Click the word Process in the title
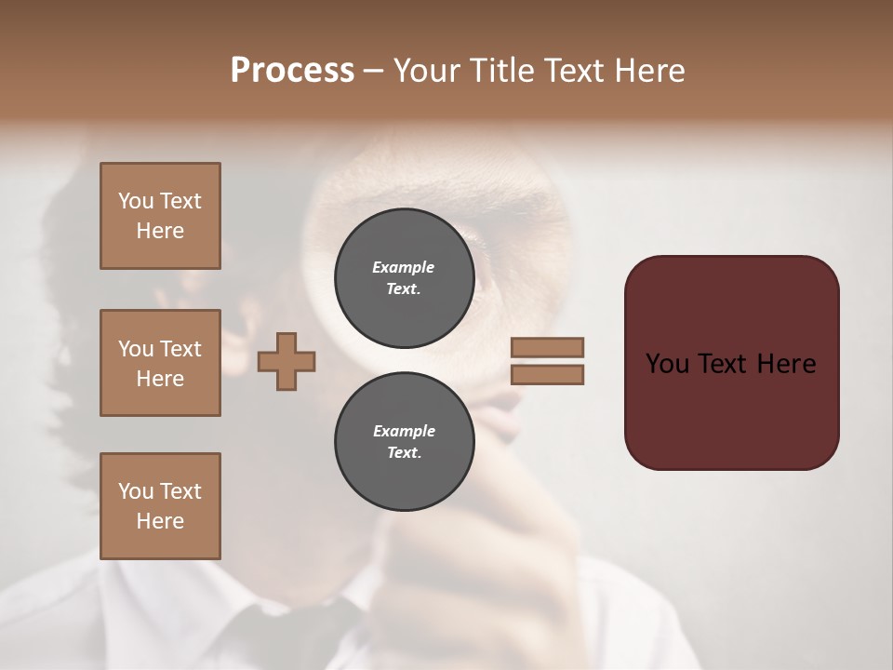292,71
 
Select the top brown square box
160,216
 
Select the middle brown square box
160,363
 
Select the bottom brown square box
160,505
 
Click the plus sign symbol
287,361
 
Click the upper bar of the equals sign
547,347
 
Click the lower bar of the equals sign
547,375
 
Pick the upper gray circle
404,278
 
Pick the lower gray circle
404,442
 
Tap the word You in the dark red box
667,364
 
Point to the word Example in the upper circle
404,267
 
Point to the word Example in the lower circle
404,431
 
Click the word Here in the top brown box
160,231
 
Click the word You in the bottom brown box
136,490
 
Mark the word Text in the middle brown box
180,349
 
